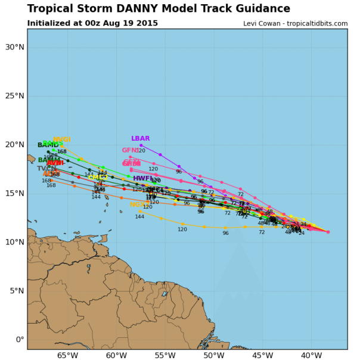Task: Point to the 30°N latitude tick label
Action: click(x=14, y=47)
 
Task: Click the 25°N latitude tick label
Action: click(x=14, y=96)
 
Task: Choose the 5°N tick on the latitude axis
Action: click(x=16, y=291)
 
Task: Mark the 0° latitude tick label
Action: click(x=20, y=340)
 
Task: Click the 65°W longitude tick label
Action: click(x=67, y=356)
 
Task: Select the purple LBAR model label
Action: click(x=141, y=139)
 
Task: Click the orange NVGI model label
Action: click(x=61, y=140)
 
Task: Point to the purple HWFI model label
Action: click(x=143, y=178)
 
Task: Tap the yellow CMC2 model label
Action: click(x=98, y=178)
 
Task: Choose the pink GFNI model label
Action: click(x=131, y=151)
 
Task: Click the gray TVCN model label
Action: click(x=47, y=169)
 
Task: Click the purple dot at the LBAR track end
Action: click(x=141, y=145)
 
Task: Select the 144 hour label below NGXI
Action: click(x=139, y=217)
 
